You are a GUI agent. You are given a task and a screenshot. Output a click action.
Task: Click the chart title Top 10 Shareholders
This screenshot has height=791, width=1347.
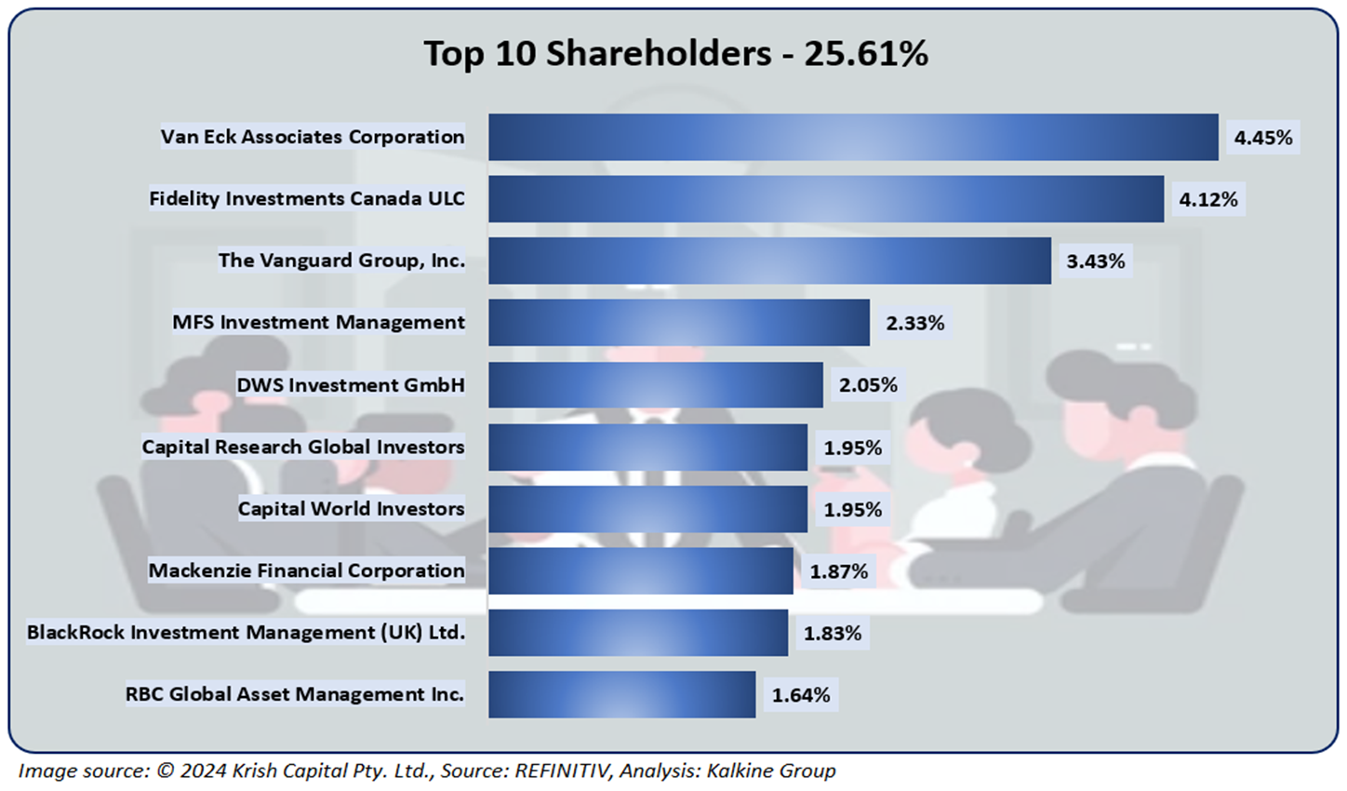coord(675,54)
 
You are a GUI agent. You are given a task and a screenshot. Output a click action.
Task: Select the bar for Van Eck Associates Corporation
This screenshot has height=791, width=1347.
coord(853,137)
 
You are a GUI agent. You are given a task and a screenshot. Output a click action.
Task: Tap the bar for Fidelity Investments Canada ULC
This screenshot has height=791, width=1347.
coord(826,199)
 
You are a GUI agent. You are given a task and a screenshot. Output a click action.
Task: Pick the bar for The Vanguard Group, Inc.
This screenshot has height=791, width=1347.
coord(769,261)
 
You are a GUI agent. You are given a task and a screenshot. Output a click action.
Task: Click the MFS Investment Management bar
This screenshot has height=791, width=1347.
coord(679,323)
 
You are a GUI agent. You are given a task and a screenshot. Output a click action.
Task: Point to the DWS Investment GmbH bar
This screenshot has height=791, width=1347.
coord(656,385)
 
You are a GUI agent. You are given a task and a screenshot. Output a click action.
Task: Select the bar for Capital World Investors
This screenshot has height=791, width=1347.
coord(647,509)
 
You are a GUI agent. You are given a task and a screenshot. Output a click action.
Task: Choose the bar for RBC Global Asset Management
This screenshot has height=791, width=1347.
coord(621,694)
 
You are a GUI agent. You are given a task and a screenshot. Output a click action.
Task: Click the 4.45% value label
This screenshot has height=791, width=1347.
coord(1262,138)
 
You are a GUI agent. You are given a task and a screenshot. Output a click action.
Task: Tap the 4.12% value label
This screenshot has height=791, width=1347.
coord(1207,199)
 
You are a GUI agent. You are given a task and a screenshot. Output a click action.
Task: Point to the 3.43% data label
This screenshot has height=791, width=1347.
coord(1095,261)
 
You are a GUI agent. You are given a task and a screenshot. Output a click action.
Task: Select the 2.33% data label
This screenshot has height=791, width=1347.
coord(914,323)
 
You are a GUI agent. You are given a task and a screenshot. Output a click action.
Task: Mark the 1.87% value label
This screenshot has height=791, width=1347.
coord(838,571)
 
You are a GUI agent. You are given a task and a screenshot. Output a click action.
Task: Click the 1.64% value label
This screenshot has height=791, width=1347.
coord(800,695)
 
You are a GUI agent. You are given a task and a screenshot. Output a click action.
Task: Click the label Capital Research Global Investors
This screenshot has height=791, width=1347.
coord(303,447)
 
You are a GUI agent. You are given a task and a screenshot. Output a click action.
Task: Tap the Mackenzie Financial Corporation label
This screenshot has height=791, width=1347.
coord(307,570)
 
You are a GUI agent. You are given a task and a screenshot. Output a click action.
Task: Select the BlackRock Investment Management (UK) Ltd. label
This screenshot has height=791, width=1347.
coord(246,633)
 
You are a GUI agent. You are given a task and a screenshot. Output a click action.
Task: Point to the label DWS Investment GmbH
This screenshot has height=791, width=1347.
coord(351,385)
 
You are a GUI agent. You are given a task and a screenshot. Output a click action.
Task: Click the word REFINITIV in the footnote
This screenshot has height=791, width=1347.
coord(563,771)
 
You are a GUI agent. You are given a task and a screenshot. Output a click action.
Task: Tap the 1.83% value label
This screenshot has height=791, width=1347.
coord(832,634)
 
